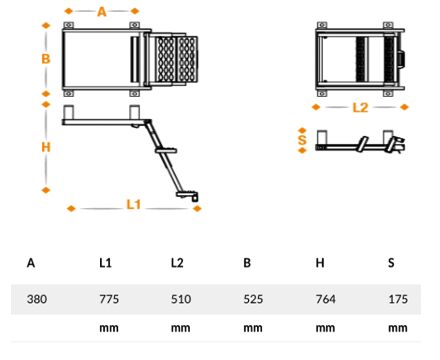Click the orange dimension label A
click(x=101, y=12)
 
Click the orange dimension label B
click(x=45, y=59)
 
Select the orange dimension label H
click(x=45, y=147)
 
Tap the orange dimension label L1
click(x=134, y=205)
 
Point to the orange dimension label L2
click(x=360, y=105)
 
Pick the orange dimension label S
click(x=303, y=139)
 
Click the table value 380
click(x=37, y=299)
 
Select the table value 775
click(x=109, y=299)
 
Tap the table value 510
click(x=181, y=299)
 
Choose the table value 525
click(x=253, y=299)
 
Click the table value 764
click(x=325, y=299)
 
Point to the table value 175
click(x=397, y=299)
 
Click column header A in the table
click(x=31, y=263)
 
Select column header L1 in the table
click(x=105, y=263)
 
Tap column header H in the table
click(x=319, y=263)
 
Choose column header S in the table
click(x=391, y=263)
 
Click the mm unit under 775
click(x=109, y=327)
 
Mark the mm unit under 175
click(x=397, y=327)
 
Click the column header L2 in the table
click(x=177, y=263)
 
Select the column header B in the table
click(x=247, y=263)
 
